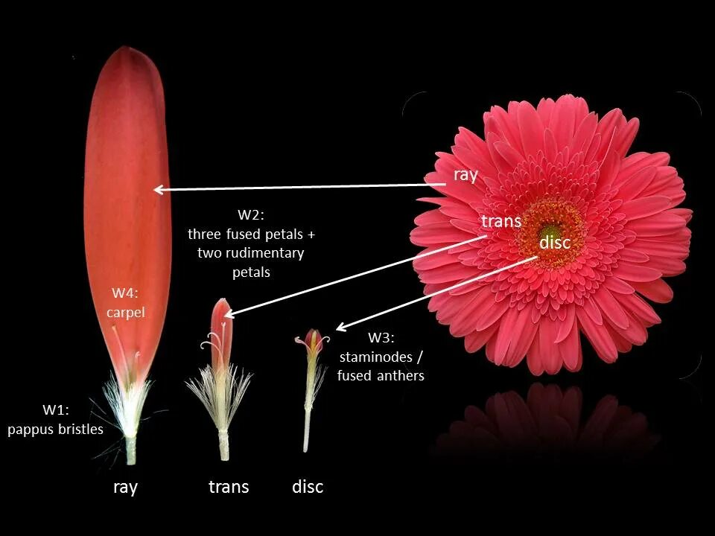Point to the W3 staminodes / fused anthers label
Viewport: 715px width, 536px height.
(381, 357)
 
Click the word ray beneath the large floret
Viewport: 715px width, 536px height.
(125, 488)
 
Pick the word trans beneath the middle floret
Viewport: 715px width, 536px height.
(229, 488)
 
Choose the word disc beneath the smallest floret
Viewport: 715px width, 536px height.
(308, 488)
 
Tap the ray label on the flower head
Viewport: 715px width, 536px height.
(465, 175)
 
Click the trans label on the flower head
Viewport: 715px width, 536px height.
(501, 221)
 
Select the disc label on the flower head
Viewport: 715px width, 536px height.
(555, 243)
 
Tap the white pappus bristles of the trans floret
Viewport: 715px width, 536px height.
(219, 395)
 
